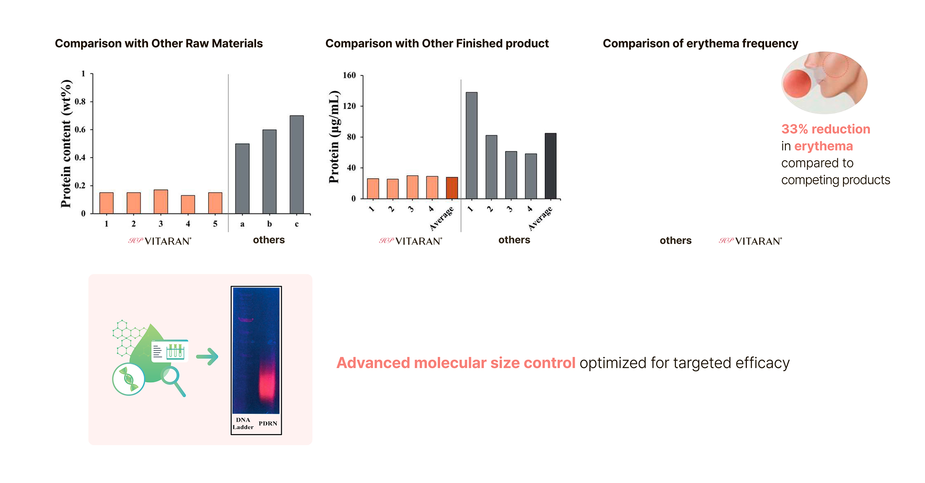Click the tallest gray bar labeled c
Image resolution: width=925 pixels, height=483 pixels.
tap(296, 165)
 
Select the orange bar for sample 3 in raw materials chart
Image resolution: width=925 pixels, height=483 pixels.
tap(161, 202)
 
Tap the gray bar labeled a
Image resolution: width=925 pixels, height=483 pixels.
tap(242, 179)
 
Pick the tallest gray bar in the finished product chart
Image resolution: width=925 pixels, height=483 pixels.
tap(471, 146)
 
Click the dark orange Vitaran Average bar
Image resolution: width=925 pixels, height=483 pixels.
tap(452, 188)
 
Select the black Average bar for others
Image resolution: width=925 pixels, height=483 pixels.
tap(550, 166)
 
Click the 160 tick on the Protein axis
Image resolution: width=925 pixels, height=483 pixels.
tap(349, 76)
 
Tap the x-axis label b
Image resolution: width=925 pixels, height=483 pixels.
tap(270, 224)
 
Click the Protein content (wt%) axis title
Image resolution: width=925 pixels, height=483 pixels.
tap(66, 143)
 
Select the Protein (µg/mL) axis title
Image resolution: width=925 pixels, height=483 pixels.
tap(334, 137)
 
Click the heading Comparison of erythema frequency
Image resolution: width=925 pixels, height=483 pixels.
tap(700, 43)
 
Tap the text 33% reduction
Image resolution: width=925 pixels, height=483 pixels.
tap(825, 129)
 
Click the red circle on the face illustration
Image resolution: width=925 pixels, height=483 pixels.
tap(796, 84)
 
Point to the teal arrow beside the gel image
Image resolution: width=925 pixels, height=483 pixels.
tap(207, 357)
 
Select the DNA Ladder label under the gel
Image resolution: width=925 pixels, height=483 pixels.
tap(243, 424)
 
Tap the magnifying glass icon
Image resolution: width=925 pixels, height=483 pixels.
tap(172, 378)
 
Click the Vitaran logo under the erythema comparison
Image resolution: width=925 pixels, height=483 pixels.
tap(750, 241)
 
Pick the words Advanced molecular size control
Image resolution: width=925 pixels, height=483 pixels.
tap(456, 363)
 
